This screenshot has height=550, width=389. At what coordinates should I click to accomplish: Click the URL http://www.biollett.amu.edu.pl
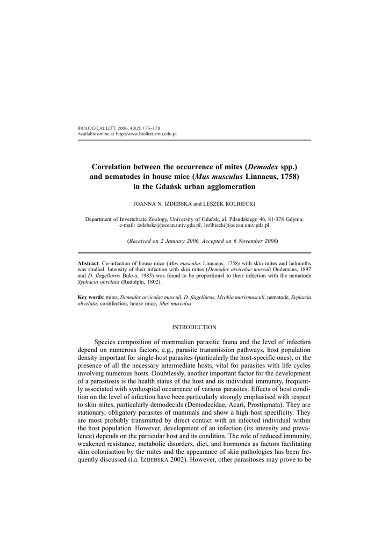(x=146, y=134)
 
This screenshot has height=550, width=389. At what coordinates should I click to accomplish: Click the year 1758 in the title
(x=288, y=176)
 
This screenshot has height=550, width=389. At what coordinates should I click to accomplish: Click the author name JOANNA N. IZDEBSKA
(x=160, y=205)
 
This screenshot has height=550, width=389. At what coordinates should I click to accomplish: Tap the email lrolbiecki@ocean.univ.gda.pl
(x=237, y=226)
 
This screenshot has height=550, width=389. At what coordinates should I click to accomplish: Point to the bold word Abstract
(x=89, y=264)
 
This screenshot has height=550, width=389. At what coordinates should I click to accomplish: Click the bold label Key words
(x=90, y=297)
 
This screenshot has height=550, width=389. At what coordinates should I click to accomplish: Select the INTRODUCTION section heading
(x=194, y=327)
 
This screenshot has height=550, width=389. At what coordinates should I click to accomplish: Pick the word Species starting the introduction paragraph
(x=106, y=342)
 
